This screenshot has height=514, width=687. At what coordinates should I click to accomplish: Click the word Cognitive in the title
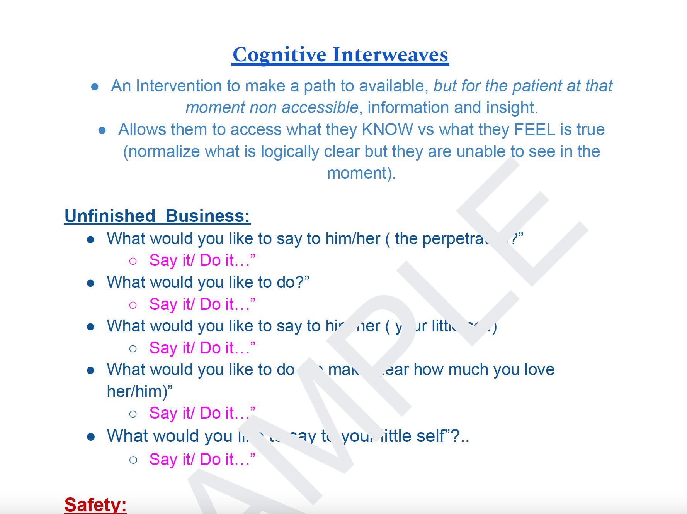[279, 54]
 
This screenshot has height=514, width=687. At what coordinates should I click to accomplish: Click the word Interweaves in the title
[390, 54]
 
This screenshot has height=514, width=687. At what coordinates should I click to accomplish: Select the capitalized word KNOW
[387, 129]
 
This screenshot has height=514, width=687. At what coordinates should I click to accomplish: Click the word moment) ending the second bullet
[361, 173]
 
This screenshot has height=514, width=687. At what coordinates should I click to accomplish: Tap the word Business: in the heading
[208, 216]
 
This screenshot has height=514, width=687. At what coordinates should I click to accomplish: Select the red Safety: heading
[95, 504]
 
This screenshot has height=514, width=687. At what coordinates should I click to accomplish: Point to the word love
[539, 369]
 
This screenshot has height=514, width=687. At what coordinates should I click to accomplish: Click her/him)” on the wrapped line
[139, 391]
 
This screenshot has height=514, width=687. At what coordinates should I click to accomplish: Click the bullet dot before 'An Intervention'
[95, 87]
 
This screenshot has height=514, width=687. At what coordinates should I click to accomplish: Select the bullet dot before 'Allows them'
[102, 130]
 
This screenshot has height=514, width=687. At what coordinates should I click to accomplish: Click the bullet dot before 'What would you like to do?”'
[91, 283]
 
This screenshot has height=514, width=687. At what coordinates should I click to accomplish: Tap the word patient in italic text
[537, 86]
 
